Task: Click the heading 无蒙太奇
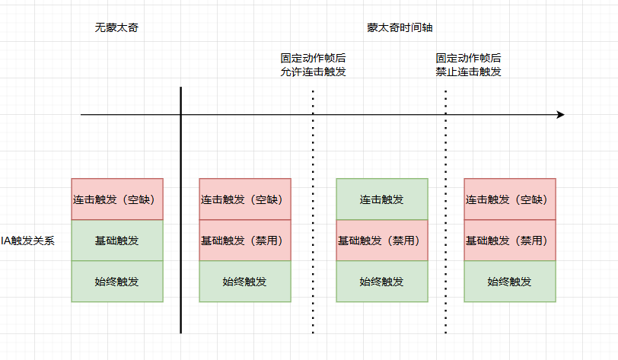click(116, 27)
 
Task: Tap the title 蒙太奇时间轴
click(400, 27)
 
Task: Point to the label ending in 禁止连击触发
click(468, 72)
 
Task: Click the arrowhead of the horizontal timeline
click(560, 115)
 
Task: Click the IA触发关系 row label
click(27, 241)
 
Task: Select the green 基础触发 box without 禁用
click(117, 241)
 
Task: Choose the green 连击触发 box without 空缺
click(382, 199)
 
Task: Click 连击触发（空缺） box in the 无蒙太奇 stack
click(117, 199)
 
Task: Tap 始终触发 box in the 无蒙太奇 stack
click(117, 282)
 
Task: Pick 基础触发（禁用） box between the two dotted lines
click(382, 241)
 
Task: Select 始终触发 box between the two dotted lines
click(382, 282)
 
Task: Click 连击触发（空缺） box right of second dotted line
click(510, 199)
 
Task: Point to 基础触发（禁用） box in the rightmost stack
click(510, 241)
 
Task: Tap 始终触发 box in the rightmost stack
click(510, 282)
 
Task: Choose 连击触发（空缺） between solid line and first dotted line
click(245, 199)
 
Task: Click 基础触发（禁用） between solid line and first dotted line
click(245, 241)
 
